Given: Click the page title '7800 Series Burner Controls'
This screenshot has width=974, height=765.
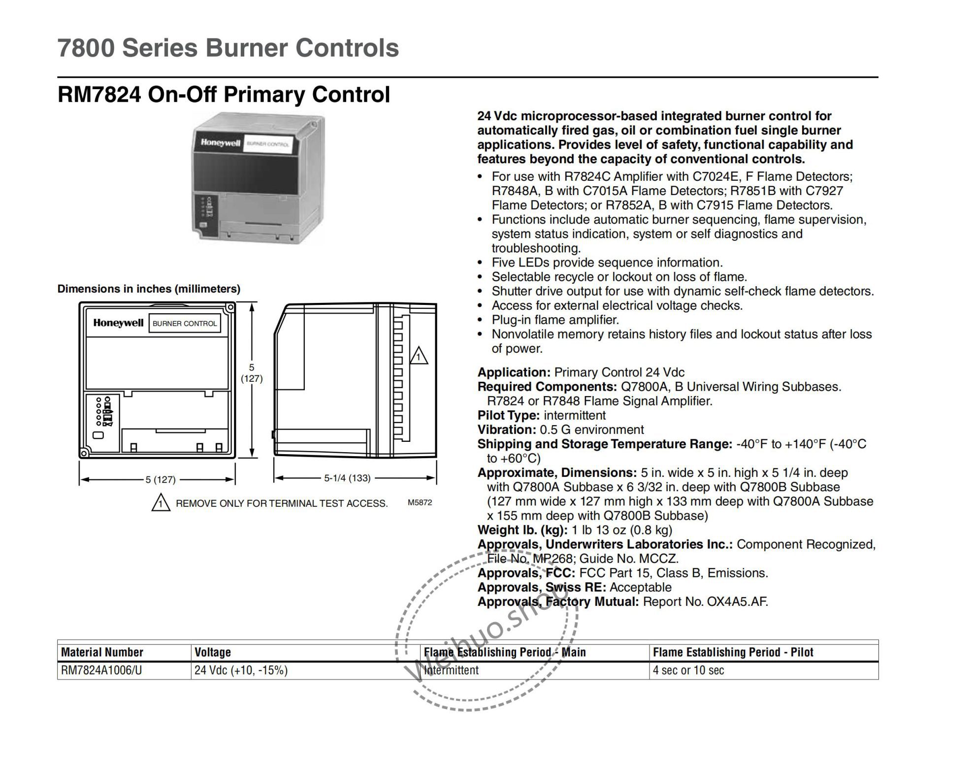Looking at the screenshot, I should click(x=228, y=48).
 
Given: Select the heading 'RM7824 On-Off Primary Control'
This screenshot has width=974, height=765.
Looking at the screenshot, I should click(x=224, y=95).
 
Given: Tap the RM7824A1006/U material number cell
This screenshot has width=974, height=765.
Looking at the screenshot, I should click(x=101, y=670).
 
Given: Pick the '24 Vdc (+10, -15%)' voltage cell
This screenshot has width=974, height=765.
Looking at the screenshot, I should click(x=241, y=670).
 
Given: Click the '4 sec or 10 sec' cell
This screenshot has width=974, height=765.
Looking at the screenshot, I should click(x=688, y=670).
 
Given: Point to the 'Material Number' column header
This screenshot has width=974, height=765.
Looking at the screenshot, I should click(x=102, y=652).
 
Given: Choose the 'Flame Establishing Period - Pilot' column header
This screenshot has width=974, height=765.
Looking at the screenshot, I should click(x=733, y=652).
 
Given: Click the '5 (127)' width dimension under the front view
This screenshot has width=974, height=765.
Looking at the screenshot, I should click(x=160, y=479).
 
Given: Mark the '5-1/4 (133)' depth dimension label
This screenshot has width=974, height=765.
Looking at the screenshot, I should click(x=347, y=478).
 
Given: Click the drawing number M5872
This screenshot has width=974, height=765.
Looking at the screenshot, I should click(x=420, y=502).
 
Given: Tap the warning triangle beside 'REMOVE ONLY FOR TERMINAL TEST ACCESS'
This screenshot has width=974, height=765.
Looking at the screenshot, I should click(x=161, y=503).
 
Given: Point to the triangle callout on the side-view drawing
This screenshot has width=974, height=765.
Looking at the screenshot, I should click(x=419, y=356).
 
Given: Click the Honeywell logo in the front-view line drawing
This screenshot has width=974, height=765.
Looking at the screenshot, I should click(x=118, y=323).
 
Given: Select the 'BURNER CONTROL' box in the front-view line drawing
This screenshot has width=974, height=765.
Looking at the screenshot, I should click(x=185, y=324).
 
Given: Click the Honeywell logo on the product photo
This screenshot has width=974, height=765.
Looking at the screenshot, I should click(x=220, y=142).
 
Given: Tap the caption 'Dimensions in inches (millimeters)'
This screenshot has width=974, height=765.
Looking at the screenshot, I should click(x=149, y=289).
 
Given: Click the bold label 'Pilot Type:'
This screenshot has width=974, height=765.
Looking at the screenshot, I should click(x=509, y=415).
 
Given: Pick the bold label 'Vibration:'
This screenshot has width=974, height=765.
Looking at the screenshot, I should click(x=507, y=430).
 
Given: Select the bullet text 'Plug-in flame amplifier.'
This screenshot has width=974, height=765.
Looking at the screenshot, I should click(x=555, y=320).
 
